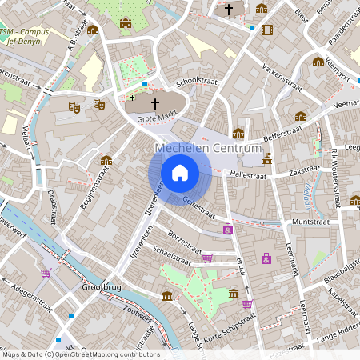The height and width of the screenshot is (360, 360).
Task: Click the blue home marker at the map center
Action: (x=180, y=172)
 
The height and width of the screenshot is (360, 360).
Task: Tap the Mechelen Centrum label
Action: (x=208, y=150)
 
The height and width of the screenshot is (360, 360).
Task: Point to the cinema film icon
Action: (x=266, y=30)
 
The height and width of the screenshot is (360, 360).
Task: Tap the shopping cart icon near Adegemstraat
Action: (x=46, y=272)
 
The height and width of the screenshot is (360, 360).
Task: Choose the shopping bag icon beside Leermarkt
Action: (x=266, y=258)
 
